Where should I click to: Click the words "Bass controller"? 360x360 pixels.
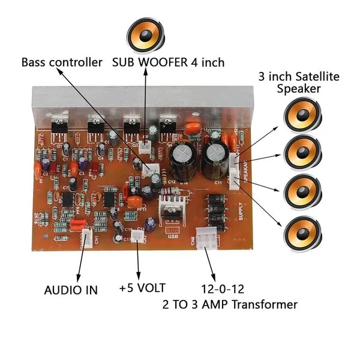(63, 62)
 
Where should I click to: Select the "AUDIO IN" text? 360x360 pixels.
(71, 290)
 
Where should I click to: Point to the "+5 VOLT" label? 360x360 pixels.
(142, 288)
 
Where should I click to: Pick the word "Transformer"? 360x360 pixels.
(266, 305)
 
